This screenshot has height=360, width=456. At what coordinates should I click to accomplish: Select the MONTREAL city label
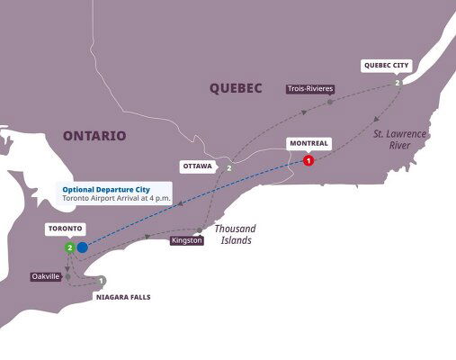tap(307, 143)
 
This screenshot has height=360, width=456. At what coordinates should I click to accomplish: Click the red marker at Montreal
tap(308, 160)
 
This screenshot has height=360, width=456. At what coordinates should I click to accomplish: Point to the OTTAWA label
tap(198, 167)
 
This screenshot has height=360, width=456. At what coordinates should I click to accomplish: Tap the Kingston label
tap(186, 241)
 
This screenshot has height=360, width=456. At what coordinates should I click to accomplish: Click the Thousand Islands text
tap(235, 234)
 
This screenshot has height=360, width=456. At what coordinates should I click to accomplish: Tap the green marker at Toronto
tap(68, 247)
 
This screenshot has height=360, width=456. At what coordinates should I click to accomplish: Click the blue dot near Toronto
tap(82, 247)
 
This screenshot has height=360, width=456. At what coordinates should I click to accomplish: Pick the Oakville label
tap(45, 276)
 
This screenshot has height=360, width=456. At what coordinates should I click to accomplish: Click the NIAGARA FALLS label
tap(122, 296)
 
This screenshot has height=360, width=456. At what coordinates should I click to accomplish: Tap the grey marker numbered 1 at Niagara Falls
tap(102, 281)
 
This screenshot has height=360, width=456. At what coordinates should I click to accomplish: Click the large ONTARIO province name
tap(94, 136)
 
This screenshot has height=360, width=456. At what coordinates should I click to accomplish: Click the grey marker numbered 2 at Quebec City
tap(397, 83)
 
